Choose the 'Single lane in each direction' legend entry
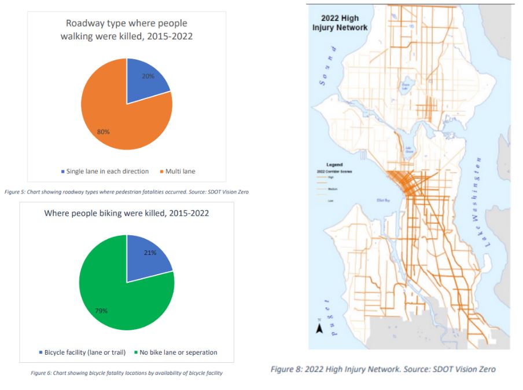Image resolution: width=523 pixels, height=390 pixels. [105, 172]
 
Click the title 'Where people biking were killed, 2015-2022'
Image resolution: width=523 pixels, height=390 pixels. [127, 213]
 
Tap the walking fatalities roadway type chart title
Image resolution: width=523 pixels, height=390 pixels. [127, 30]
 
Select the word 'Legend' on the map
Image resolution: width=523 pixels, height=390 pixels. [334, 165]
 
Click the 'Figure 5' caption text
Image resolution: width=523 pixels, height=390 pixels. [127, 192]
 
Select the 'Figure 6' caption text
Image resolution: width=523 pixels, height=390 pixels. [127, 373]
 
